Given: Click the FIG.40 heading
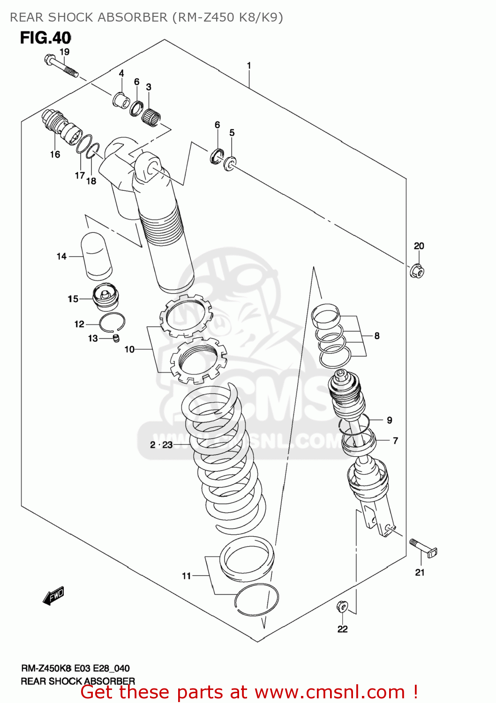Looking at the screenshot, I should tap(45, 38).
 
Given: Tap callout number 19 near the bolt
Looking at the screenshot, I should tap(64, 52).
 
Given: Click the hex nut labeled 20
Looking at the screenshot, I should tap(417, 271).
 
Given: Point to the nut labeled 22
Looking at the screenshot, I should tap(342, 607).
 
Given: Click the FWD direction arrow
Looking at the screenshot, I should tap(53, 596).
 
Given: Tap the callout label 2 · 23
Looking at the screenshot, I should tap(161, 445).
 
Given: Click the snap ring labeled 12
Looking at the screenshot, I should tap(112, 322).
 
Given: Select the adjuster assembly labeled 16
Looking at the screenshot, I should tap(60, 127).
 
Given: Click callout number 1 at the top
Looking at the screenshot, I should tap(249, 66).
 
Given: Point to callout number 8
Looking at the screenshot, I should tap(377, 336).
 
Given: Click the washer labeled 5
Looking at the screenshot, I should tap(230, 164).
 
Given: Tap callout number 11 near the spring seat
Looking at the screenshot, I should tap(187, 576).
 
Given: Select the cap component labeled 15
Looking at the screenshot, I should tap(106, 297).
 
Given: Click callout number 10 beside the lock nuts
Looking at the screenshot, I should tap(129, 349).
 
